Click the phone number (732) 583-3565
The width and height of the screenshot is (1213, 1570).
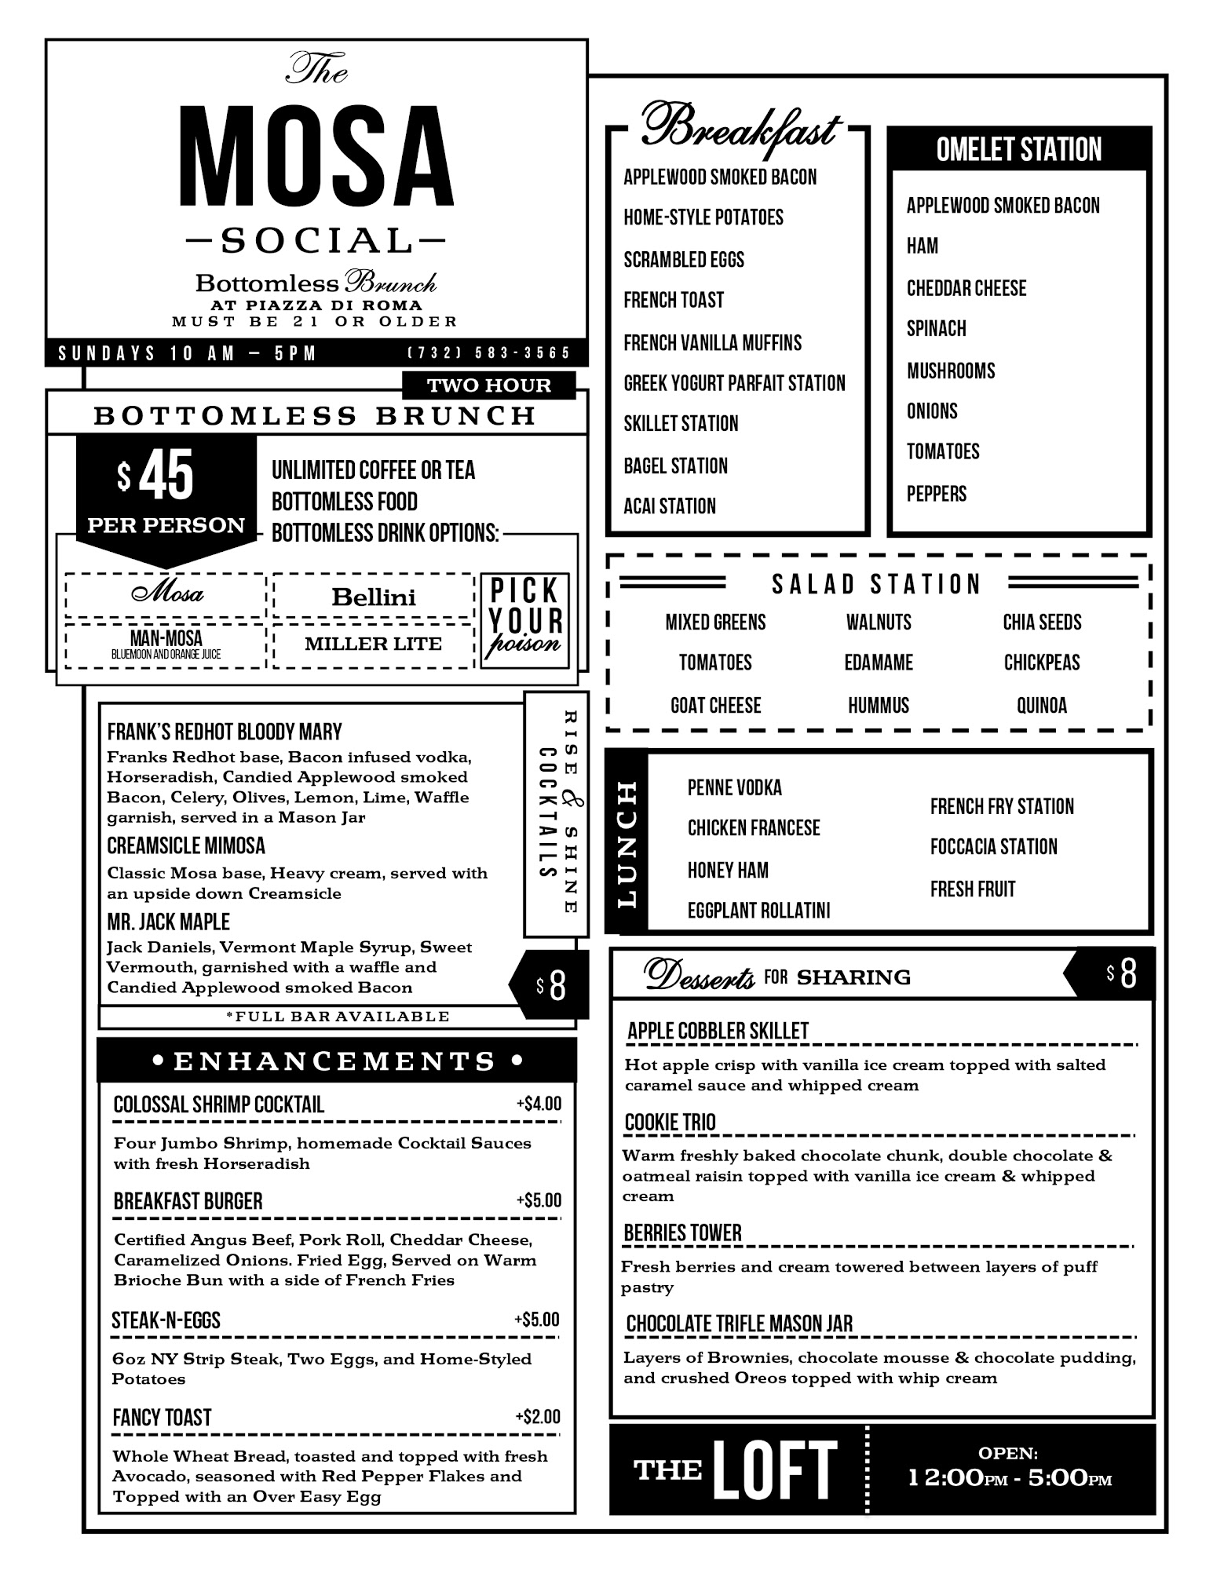pos(488,353)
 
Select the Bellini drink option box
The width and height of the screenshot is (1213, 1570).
pos(374,597)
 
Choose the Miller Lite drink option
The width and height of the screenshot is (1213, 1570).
pos(374,644)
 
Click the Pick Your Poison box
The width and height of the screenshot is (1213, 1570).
pos(525,620)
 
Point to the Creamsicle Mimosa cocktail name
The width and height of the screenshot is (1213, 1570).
pos(186,846)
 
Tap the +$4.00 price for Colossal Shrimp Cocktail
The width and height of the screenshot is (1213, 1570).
pos(539,1104)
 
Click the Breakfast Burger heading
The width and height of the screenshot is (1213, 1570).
pos(188,1201)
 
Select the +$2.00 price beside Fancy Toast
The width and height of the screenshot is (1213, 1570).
pos(538,1417)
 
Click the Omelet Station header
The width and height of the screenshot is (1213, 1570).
pos(1019,149)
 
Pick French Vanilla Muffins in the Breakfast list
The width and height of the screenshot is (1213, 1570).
pos(713,343)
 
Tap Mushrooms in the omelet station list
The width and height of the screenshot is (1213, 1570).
pos(951,371)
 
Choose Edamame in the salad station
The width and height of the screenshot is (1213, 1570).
pos(879,663)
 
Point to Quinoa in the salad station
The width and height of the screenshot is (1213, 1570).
pos(1042,705)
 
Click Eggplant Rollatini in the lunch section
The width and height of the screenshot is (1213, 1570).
pos(758,911)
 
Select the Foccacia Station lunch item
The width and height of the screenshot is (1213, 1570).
pos(994,847)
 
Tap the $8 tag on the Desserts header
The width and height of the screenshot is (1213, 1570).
pos(1122,973)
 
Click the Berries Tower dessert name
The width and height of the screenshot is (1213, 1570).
pos(682,1233)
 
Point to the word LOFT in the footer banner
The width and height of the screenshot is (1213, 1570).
pos(774,1470)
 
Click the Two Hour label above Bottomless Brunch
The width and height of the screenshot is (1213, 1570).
pos(488,385)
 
